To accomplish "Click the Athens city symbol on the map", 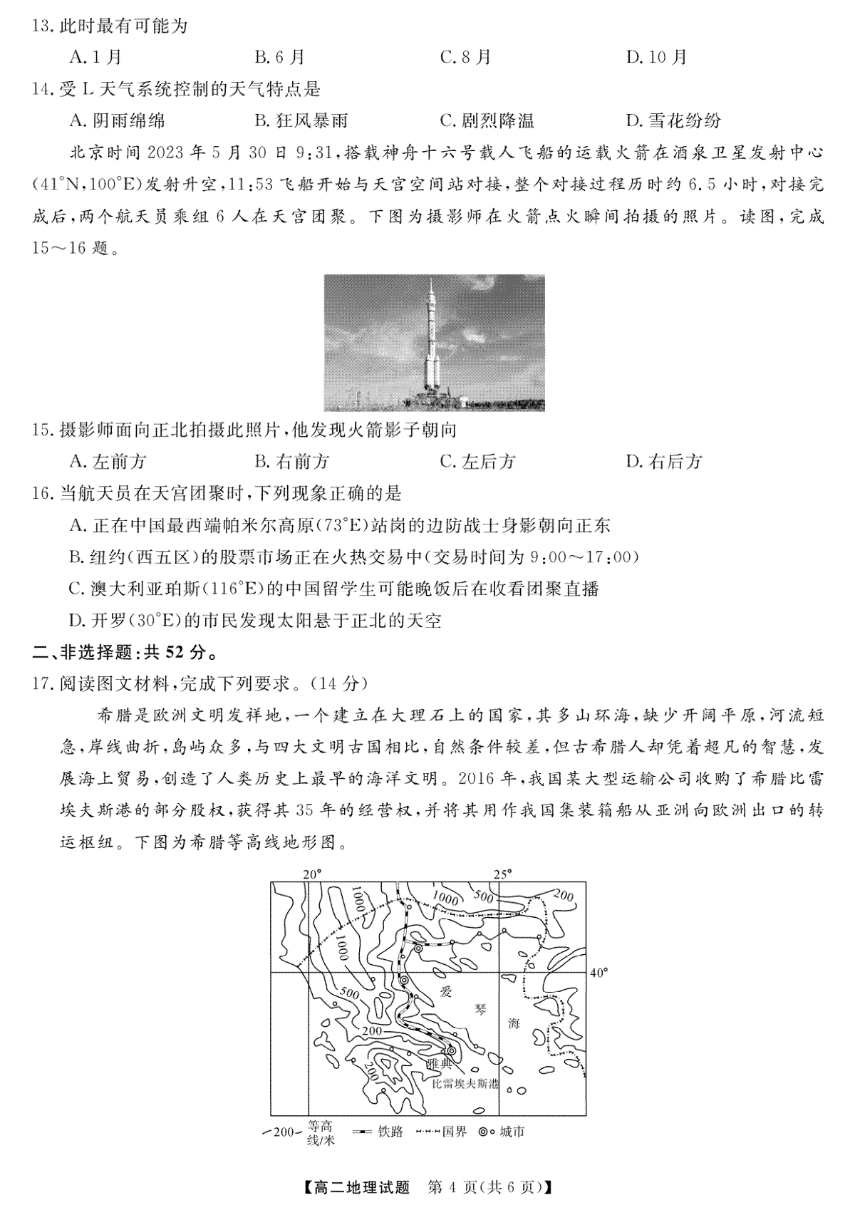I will point(451,1050).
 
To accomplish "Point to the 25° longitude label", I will point(503,874).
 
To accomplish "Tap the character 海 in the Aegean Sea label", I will point(513,1023).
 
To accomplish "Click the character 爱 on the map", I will point(446,991).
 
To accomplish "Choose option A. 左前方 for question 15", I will point(108,462).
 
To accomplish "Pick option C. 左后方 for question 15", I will point(477,462).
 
